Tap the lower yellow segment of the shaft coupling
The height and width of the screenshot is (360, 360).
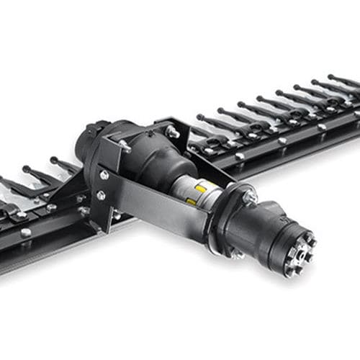191,202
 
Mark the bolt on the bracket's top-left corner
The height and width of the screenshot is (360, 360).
126,146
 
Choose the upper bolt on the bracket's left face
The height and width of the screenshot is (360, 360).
105,175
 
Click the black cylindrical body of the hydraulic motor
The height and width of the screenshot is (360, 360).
266,230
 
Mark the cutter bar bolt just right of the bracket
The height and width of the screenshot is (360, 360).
240,156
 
